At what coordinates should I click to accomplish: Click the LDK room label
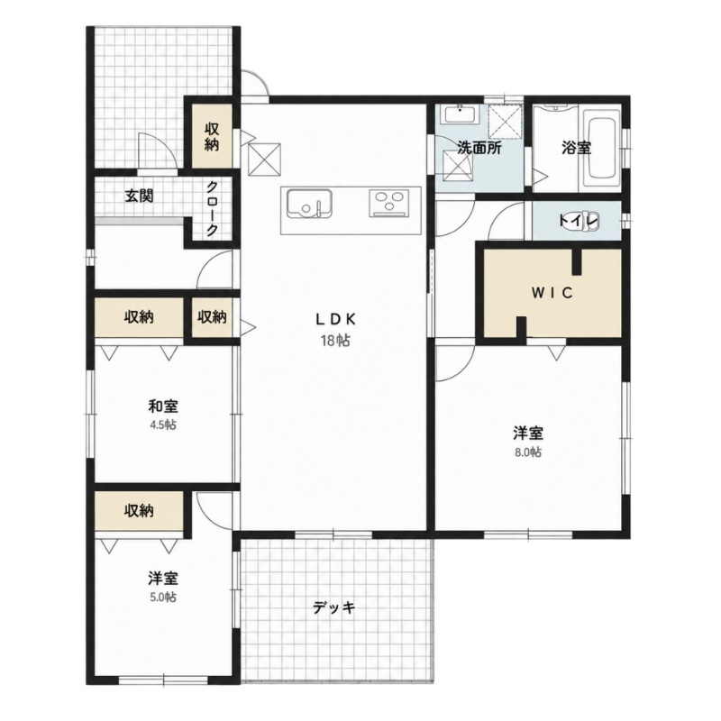(x=335, y=318)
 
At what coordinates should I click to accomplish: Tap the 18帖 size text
(x=335, y=341)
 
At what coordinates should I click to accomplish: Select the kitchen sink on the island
(x=309, y=203)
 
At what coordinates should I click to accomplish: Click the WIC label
(x=552, y=292)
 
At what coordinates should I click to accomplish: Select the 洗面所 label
(x=479, y=148)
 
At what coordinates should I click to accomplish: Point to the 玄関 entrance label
(x=140, y=196)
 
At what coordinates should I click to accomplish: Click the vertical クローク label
(x=212, y=208)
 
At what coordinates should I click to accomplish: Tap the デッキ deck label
(x=334, y=607)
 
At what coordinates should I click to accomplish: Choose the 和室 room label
(x=163, y=406)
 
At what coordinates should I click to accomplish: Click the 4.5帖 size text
(x=163, y=424)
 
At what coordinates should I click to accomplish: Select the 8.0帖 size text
(x=528, y=452)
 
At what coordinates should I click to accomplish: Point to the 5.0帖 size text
(x=163, y=597)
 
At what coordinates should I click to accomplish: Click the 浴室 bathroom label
(x=576, y=148)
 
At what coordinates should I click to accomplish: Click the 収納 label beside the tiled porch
(x=212, y=137)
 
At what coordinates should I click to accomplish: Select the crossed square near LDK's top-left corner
(x=264, y=160)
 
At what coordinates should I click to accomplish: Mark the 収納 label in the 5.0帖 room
(x=139, y=510)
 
